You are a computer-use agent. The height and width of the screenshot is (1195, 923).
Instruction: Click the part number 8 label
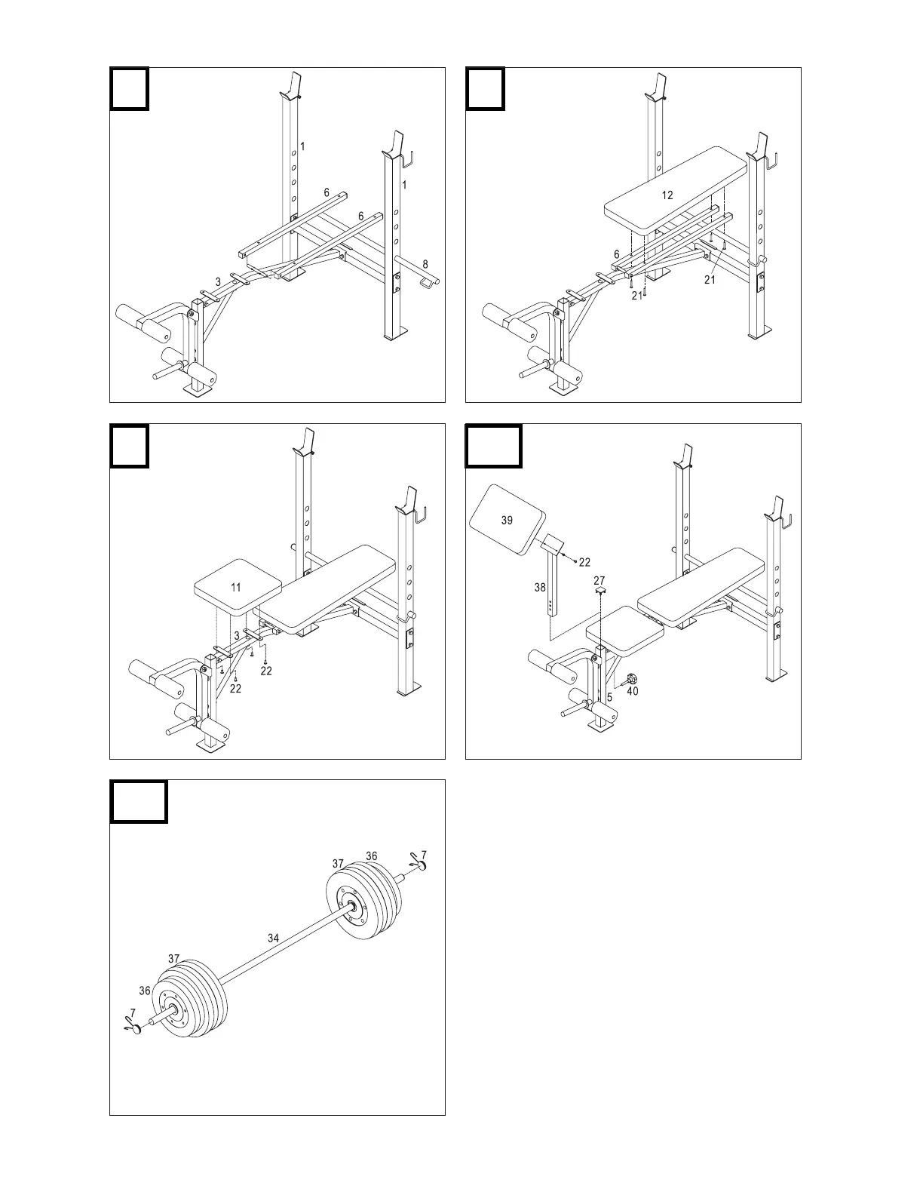[425, 264]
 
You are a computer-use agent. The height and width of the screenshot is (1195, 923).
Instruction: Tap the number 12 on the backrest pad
[667, 195]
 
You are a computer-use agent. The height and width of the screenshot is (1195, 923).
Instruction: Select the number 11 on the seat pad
[236, 587]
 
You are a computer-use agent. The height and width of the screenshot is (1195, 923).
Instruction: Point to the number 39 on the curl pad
[507, 520]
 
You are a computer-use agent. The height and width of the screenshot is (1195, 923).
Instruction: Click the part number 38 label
[541, 587]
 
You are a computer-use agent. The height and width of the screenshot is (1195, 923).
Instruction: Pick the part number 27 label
[599, 581]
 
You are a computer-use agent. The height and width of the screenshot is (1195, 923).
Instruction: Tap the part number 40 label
[633, 691]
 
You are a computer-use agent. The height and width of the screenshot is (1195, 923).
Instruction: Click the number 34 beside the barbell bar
[273, 938]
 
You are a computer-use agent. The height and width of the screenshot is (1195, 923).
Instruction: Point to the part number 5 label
[609, 697]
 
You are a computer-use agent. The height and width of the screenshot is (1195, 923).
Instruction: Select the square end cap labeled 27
[600, 593]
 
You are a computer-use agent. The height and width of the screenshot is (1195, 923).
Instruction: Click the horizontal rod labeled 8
[419, 275]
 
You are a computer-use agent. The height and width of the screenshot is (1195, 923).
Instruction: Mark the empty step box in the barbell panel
[139, 801]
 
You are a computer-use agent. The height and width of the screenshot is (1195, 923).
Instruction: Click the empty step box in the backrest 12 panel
[484, 88]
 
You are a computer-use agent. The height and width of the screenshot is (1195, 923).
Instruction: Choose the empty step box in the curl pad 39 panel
[493, 445]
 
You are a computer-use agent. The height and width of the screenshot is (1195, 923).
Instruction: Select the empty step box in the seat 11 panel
[129, 445]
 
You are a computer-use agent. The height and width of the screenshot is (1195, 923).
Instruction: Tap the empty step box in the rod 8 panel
[129, 88]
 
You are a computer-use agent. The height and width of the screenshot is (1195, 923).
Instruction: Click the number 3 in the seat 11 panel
[236, 636]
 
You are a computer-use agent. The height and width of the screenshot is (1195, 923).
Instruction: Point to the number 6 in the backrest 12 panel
[616, 255]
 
